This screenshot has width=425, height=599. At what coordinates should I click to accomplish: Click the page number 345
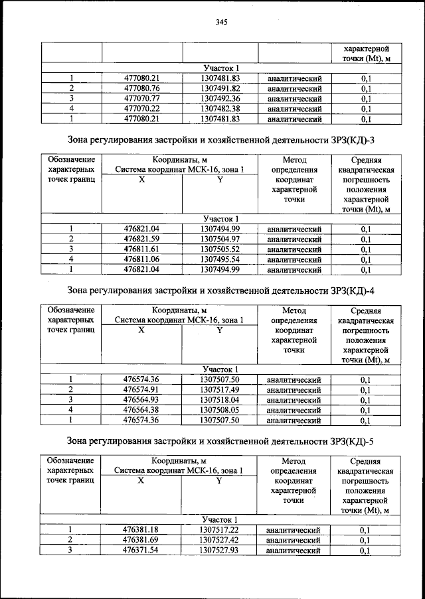pyautogui.click(x=221, y=23)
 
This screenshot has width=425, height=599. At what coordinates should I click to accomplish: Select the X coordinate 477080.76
pyautogui.click(x=142, y=88)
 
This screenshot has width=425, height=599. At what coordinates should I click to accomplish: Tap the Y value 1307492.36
pyautogui.click(x=220, y=99)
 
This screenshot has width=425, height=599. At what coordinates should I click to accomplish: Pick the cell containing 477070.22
pyautogui.click(x=142, y=109)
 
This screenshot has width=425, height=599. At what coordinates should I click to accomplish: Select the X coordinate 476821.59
pyautogui.click(x=142, y=239)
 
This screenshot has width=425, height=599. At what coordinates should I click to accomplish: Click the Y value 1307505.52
pyautogui.click(x=220, y=249)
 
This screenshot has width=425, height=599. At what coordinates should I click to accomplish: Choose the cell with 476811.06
pyautogui.click(x=142, y=259)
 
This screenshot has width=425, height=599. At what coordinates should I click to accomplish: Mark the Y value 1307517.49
pyautogui.click(x=220, y=389)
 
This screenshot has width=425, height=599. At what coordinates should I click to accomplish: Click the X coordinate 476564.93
pyautogui.click(x=142, y=400)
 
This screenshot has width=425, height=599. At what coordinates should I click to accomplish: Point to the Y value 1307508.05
pyautogui.click(x=220, y=410)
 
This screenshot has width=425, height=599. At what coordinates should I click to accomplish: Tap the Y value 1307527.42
pyautogui.click(x=219, y=540)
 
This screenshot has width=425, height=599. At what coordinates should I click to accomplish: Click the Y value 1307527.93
pyautogui.click(x=219, y=551)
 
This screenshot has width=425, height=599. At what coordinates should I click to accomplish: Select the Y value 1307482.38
pyautogui.click(x=220, y=109)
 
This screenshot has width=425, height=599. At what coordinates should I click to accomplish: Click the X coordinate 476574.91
pyautogui.click(x=142, y=389)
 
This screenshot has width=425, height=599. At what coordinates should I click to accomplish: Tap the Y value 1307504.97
pyautogui.click(x=220, y=239)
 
